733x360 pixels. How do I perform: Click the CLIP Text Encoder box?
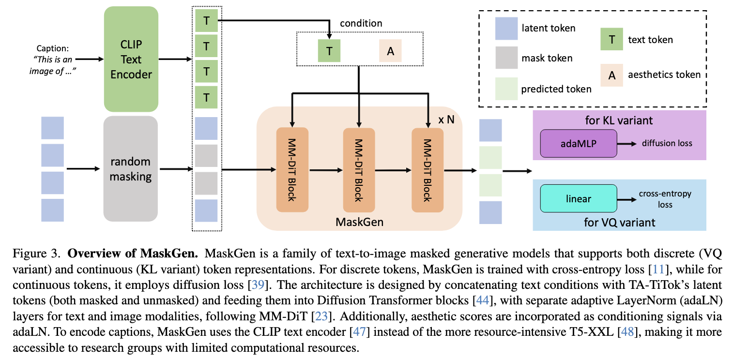(131, 59)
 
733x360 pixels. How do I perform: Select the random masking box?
(131, 168)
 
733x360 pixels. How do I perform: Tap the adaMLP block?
(579, 143)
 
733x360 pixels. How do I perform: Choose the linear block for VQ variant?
(579, 199)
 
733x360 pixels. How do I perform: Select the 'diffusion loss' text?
(667, 143)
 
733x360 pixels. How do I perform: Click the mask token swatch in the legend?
(506, 59)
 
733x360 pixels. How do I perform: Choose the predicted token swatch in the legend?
(506, 89)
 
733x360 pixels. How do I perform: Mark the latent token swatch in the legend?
(506, 28)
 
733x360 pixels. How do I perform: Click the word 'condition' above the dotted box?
(361, 23)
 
